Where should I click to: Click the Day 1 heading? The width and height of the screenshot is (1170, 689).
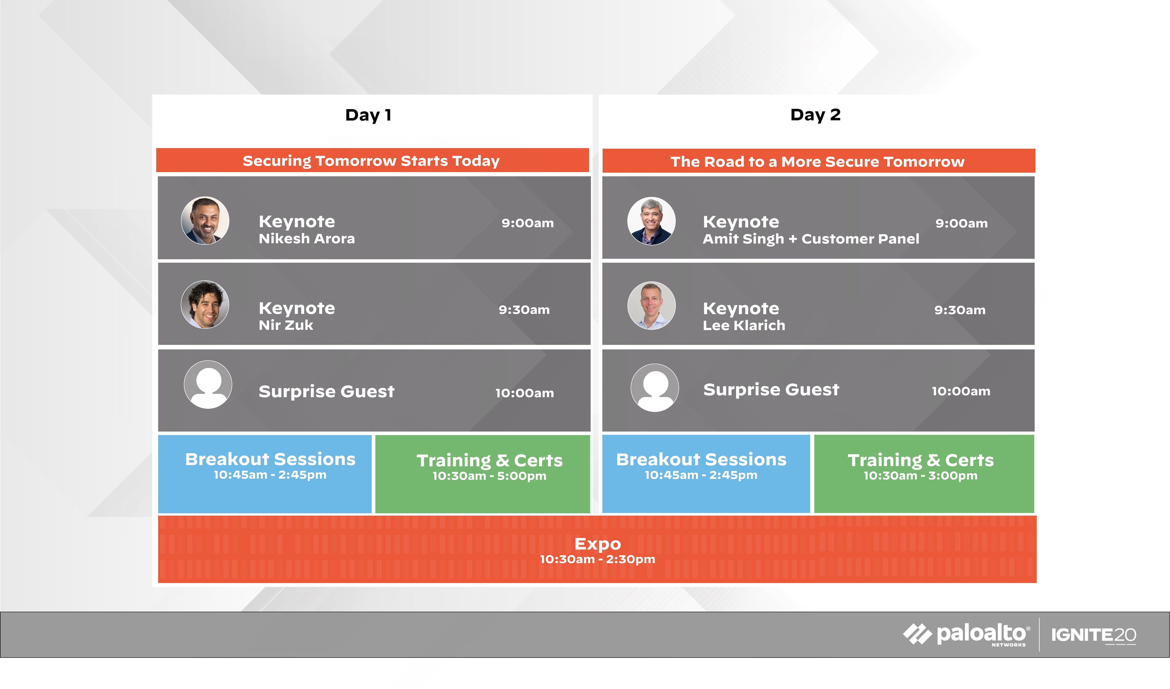point(368,115)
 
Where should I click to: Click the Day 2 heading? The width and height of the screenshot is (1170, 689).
point(815,115)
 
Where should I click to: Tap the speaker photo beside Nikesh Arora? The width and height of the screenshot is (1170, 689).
point(205,220)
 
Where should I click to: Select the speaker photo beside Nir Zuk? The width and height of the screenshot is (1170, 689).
point(205,304)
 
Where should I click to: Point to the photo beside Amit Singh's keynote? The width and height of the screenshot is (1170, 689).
point(651,221)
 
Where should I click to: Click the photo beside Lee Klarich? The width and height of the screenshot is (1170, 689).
point(651,305)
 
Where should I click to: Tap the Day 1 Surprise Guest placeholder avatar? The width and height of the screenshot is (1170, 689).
point(208,385)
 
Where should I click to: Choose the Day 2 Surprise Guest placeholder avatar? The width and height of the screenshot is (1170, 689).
point(655,388)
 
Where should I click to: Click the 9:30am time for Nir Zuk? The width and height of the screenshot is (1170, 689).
point(524,310)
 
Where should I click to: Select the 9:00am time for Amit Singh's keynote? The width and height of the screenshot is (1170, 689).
point(962,223)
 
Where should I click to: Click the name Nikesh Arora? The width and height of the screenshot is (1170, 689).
point(307,239)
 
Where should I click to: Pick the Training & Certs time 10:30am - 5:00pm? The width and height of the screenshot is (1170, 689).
point(489,476)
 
